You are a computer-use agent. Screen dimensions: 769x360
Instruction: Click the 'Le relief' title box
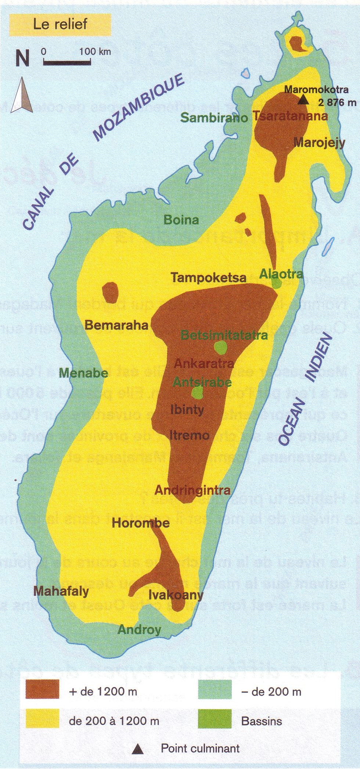(60, 24)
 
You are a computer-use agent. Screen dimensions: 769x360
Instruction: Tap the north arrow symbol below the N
(22, 95)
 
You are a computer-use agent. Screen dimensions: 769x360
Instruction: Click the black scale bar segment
(67, 63)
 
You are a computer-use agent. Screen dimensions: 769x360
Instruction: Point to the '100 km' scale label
(95, 51)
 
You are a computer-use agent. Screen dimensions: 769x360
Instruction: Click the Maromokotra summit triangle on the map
(303, 100)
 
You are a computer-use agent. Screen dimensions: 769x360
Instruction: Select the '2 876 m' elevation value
(337, 103)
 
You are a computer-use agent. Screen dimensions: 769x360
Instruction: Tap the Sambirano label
(214, 118)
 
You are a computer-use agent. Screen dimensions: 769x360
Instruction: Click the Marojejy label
(319, 143)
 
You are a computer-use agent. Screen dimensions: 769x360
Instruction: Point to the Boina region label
(181, 220)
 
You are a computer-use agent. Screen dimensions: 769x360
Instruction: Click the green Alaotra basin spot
(276, 283)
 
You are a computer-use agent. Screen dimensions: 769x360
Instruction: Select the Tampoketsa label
(208, 278)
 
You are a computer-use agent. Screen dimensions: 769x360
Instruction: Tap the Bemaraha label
(116, 325)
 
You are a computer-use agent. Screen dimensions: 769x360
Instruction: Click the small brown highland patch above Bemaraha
(110, 292)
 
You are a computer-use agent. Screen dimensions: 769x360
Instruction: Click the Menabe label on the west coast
(84, 373)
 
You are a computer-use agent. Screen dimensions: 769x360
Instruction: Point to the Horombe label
(141, 523)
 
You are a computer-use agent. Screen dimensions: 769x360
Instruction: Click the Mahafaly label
(61, 591)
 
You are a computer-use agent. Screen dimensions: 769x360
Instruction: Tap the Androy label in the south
(139, 630)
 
